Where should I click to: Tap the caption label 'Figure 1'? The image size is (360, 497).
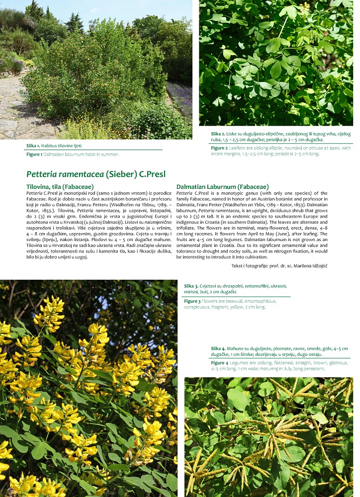(34, 154)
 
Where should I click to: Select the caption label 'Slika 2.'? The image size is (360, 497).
(219, 134)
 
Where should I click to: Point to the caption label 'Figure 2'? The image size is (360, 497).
(219, 148)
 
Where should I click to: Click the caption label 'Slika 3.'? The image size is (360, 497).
(191, 286)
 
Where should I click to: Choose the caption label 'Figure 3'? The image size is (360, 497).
(192, 301)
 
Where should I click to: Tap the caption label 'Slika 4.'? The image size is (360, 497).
(219, 348)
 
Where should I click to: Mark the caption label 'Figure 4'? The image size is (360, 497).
(219, 363)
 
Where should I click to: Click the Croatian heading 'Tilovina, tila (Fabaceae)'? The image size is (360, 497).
(60, 187)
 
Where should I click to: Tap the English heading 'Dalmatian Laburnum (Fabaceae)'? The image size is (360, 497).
(222, 187)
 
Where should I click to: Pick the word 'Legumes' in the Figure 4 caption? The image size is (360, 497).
(240, 363)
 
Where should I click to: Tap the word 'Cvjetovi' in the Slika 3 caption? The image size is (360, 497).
(211, 286)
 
